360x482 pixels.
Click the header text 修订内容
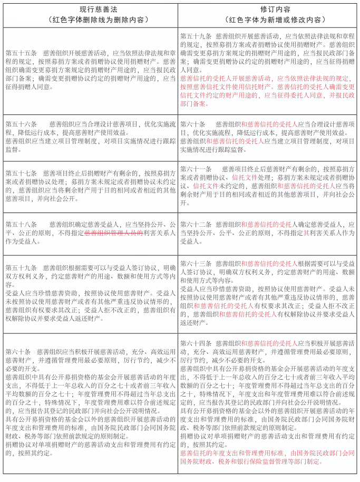[x=268, y=9]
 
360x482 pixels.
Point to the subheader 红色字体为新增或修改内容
[x=268, y=20]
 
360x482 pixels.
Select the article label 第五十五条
[x=21, y=53]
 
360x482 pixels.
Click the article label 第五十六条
[x=21, y=124]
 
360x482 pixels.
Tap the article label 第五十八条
[x=21, y=224]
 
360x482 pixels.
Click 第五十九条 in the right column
[x=196, y=36]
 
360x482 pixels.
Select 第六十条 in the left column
[x=18, y=351]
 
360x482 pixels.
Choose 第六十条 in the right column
[x=193, y=124]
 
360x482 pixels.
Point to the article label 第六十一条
[x=196, y=168]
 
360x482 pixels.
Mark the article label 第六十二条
[x=196, y=224]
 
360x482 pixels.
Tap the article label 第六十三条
[x=196, y=263]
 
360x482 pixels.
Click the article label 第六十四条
[x=196, y=342]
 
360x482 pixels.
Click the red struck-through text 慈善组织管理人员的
[x=113, y=233]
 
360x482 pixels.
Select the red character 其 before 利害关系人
[x=306, y=233]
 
